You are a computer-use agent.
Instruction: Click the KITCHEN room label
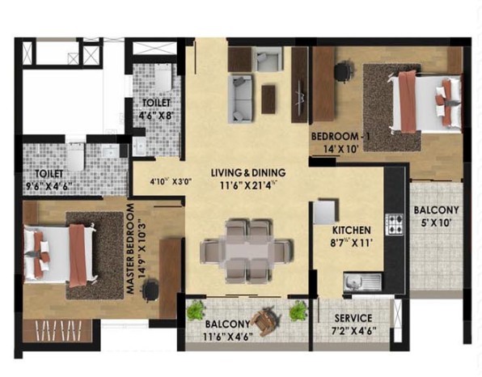pyautogui.click(x=351, y=231)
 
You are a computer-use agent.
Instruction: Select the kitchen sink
pyautogui.click(x=362, y=282)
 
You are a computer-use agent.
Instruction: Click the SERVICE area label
pyautogui.click(x=353, y=318)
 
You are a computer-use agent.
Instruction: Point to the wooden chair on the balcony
pyautogui.click(x=266, y=320)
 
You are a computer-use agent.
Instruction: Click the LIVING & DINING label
pyautogui.click(x=248, y=172)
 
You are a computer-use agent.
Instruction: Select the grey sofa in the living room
pyautogui.click(x=240, y=99)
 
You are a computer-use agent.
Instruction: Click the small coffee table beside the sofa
pyautogui.click(x=268, y=100)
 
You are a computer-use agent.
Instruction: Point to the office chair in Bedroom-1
pyautogui.click(x=343, y=70)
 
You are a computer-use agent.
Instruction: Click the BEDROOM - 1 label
pyautogui.click(x=340, y=136)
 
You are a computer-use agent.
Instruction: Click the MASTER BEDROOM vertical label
pyautogui.click(x=130, y=248)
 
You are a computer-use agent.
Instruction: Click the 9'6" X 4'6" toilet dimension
pyautogui.click(x=49, y=186)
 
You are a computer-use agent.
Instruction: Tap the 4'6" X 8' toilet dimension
pyautogui.click(x=156, y=116)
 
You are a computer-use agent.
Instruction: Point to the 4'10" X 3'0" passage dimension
pyautogui.click(x=171, y=181)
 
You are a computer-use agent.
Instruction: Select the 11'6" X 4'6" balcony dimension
pyautogui.click(x=228, y=337)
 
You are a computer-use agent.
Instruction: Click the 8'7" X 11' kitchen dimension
pyautogui.click(x=351, y=244)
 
